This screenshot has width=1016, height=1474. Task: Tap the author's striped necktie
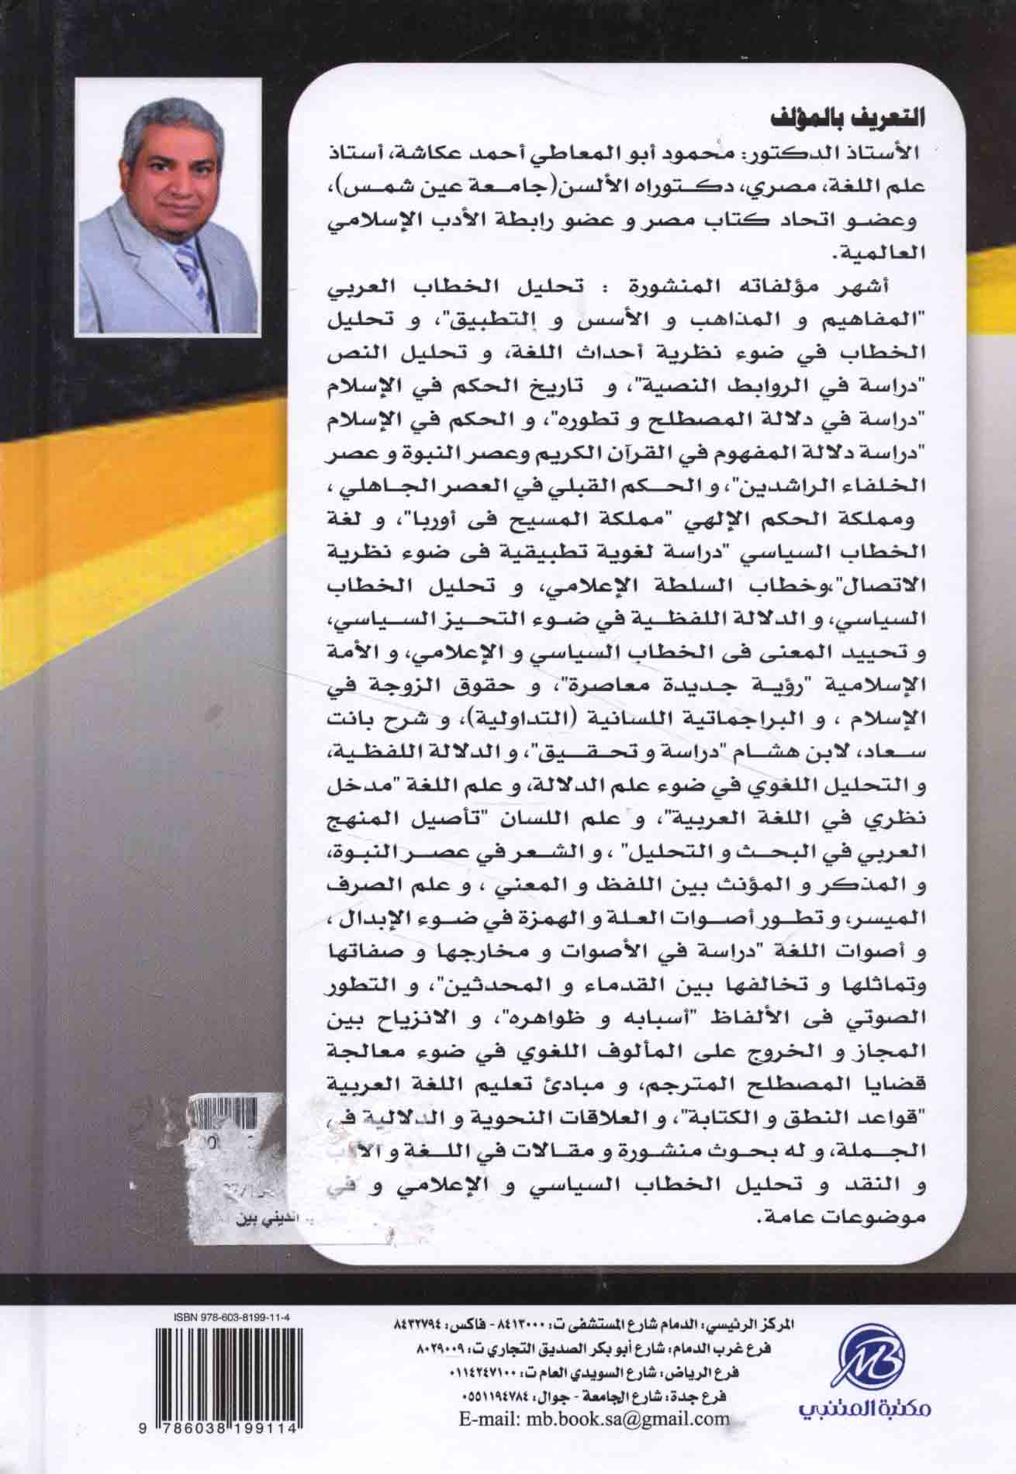coord(188,268)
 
